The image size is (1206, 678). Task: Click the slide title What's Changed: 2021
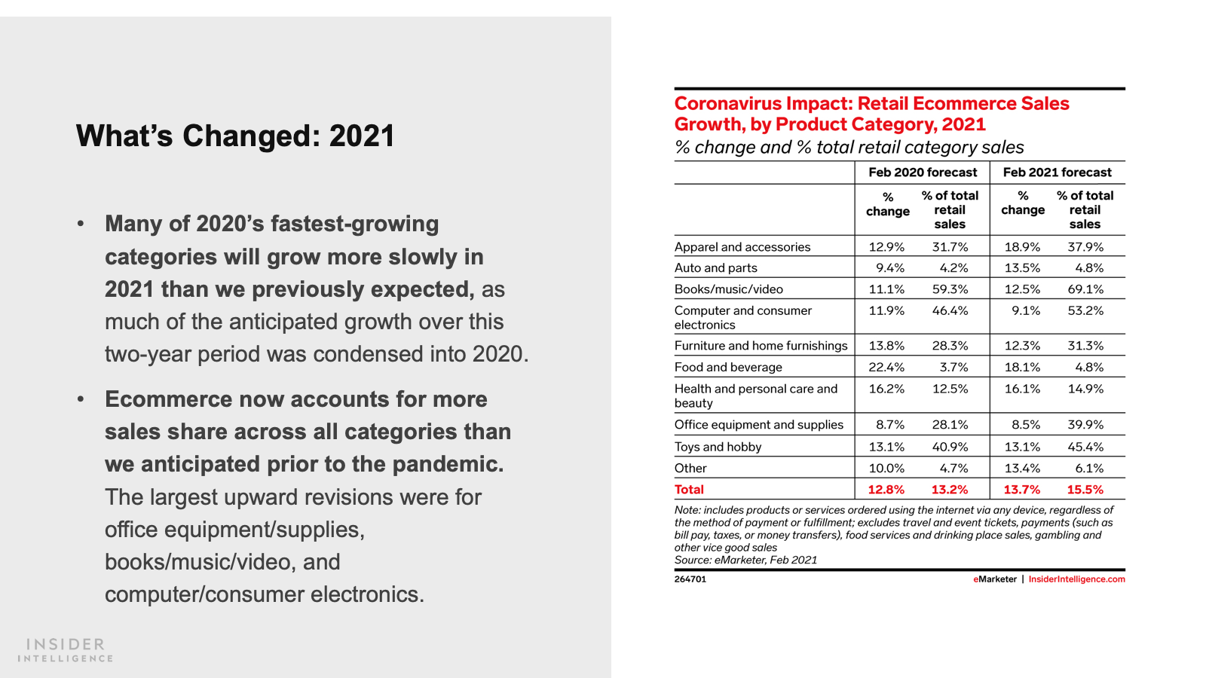tap(235, 136)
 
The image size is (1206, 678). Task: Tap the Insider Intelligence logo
tap(66, 650)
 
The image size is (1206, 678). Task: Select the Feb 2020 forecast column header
tap(923, 173)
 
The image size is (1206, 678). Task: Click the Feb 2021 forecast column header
tap(1057, 173)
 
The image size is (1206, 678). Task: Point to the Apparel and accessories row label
tap(742, 247)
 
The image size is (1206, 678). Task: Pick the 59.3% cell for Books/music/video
tap(950, 289)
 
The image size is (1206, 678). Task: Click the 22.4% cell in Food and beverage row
tap(886, 368)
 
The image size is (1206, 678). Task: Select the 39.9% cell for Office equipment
tap(1085, 425)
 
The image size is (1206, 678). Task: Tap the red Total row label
tap(689, 490)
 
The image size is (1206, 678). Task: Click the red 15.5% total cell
tap(1085, 490)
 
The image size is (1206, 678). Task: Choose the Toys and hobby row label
tap(718, 447)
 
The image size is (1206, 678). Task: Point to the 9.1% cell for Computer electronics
tap(1026, 310)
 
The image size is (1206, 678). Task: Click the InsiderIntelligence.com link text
tap(1076, 579)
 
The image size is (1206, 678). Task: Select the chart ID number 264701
tap(690, 579)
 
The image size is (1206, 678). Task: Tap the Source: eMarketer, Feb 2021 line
tap(745, 560)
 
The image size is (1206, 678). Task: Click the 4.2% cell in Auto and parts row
tap(953, 268)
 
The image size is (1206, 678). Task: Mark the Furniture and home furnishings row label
tap(761, 346)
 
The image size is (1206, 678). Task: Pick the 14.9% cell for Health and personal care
tap(1085, 389)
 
